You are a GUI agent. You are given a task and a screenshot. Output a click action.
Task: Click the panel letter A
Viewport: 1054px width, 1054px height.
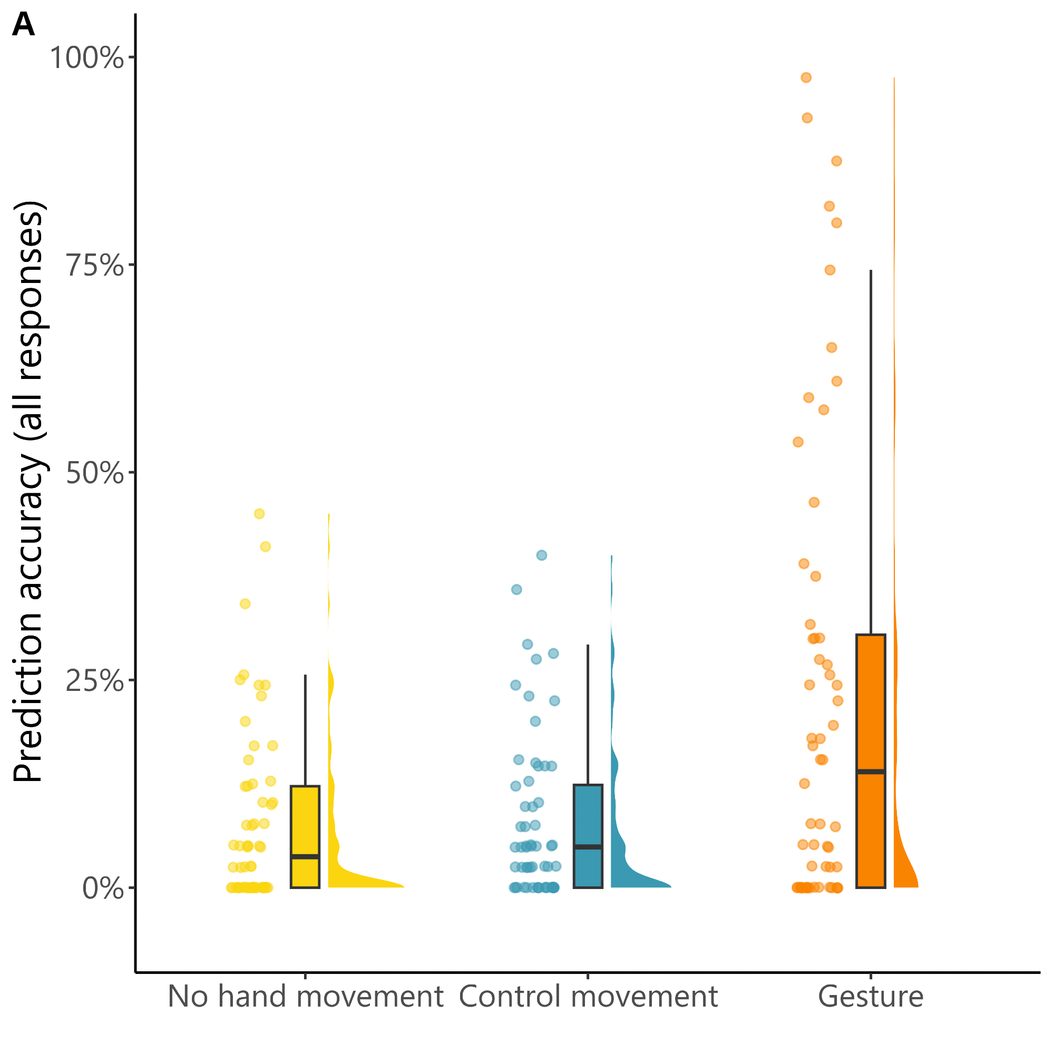(x=24, y=25)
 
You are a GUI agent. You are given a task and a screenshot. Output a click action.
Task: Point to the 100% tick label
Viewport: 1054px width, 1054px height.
(x=87, y=57)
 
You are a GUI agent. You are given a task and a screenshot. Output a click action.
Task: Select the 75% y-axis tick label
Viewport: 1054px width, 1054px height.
(x=94, y=266)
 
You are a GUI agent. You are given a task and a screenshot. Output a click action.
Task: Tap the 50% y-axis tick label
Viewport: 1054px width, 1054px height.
(x=94, y=473)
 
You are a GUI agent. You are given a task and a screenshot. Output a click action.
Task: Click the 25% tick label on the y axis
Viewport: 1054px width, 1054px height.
(x=94, y=681)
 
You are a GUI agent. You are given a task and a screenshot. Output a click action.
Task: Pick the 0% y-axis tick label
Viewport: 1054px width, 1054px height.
(x=103, y=889)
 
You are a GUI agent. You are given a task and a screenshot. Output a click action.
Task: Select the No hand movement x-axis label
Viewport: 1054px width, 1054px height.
(x=305, y=996)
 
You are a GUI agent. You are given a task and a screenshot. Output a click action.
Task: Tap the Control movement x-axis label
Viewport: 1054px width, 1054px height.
(x=588, y=996)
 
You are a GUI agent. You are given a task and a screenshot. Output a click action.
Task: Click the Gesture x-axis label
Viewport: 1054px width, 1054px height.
(x=871, y=996)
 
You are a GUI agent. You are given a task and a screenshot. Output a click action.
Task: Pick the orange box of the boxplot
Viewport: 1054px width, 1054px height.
(x=871, y=709)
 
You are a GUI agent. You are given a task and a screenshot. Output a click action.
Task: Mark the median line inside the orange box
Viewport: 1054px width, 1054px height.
(x=871, y=772)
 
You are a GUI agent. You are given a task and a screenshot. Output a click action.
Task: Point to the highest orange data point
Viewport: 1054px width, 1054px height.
(x=806, y=77)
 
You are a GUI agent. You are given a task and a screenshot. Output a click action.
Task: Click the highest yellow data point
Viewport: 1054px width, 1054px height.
(x=259, y=513)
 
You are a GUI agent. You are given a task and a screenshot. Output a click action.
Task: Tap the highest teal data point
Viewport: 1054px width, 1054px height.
(x=542, y=555)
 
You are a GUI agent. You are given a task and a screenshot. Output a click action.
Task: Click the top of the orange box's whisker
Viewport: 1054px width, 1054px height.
(x=871, y=270)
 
